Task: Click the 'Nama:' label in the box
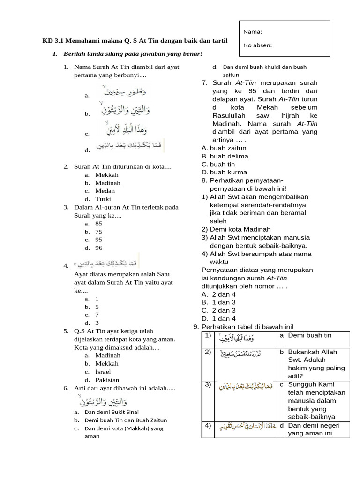[x=252, y=32]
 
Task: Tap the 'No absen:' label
[x=257, y=45]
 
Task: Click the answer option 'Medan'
[x=105, y=191]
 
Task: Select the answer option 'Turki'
[x=103, y=199]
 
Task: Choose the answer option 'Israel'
[x=103, y=372]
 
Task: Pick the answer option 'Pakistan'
[x=107, y=380]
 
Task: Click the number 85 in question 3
[x=99, y=224]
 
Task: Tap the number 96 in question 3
[x=99, y=247]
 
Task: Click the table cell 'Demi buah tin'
[x=310, y=335]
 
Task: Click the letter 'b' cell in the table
[x=282, y=352]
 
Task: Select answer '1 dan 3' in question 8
[x=224, y=302]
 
